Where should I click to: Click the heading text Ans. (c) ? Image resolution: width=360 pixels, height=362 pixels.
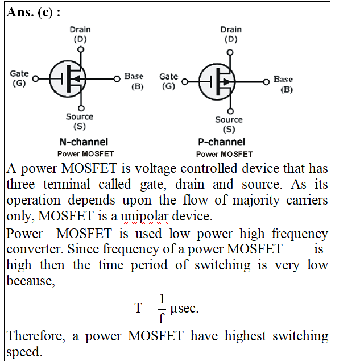[34, 13]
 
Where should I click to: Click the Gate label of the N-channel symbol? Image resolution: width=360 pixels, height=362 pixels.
[19, 78]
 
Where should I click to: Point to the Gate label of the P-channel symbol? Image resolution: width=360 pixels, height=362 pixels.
[168, 81]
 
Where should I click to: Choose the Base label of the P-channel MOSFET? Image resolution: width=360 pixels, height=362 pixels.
[283, 84]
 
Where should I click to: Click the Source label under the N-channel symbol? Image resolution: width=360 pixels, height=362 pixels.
[80, 121]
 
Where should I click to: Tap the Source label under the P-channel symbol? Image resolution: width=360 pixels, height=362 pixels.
[229, 124]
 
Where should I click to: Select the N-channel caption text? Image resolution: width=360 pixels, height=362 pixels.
[84, 142]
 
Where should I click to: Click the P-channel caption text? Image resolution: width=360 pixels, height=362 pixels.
[222, 142]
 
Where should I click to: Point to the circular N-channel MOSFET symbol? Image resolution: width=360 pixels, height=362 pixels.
[68, 78]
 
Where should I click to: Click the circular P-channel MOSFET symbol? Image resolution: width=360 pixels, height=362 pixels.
[217, 81]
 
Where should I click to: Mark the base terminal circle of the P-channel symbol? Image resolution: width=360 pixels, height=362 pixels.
[266, 82]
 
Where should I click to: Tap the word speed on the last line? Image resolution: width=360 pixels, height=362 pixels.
[24, 351]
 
